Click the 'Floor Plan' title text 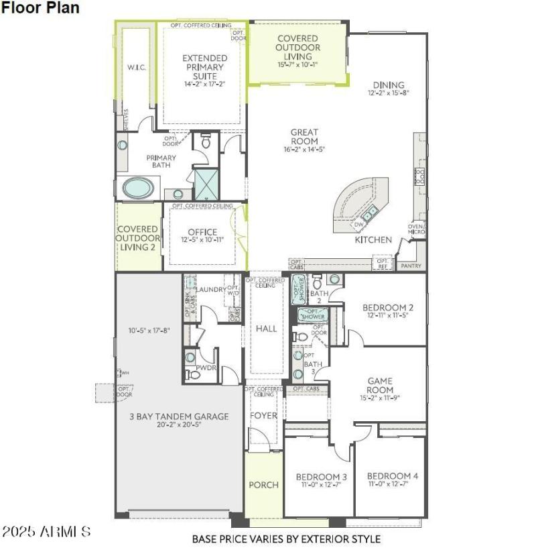coord(40,8)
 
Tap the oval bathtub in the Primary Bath coord(138,188)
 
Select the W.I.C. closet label coord(137,68)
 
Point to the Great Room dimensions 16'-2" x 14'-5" coord(304,150)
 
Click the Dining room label coord(389,85)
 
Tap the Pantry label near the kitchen coord(411,266)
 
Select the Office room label coord(202,233)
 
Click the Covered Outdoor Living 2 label coord(138,238)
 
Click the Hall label coord(266,329)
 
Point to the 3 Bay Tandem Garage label coord(179,416)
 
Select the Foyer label coord(263,416)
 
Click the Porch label coord(263,484)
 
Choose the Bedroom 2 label coord(387,308)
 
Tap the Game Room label coord(380,386)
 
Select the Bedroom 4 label coord(393,476)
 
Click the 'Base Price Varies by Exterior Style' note coord(286,539)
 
